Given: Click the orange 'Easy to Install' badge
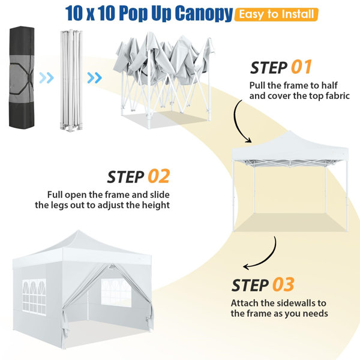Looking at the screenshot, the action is pos(276,14).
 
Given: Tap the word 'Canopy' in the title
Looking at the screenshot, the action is pos(204,13).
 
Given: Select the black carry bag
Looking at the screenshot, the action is pos(22,77).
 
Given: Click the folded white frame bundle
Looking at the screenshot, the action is pos(71,80).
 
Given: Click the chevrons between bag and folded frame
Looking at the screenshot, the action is pos(46,77).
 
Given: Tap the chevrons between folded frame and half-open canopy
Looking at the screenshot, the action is pos(94,77).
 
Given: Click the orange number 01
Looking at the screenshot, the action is pos(301,67).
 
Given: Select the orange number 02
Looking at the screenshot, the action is pos(159,176).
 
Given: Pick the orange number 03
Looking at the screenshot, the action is pos(283,284).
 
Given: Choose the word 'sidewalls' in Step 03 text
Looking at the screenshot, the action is pos(289,303).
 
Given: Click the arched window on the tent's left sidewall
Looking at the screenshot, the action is pos(34,296).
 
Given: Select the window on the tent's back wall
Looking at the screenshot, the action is pos(116,292).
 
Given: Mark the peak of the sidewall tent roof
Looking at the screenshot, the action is pos(78,230).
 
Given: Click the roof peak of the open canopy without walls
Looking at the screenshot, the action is pos(290,131).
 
